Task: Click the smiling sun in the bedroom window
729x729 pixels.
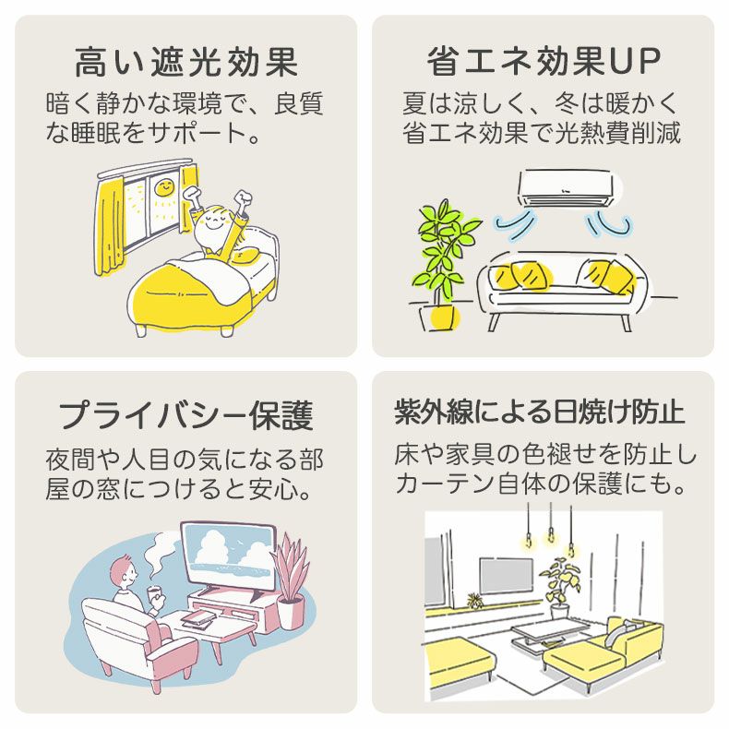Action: tap(162, 187)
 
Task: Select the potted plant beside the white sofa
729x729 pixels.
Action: tap(442, 262)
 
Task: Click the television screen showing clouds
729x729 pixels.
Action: tap(226, 554)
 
